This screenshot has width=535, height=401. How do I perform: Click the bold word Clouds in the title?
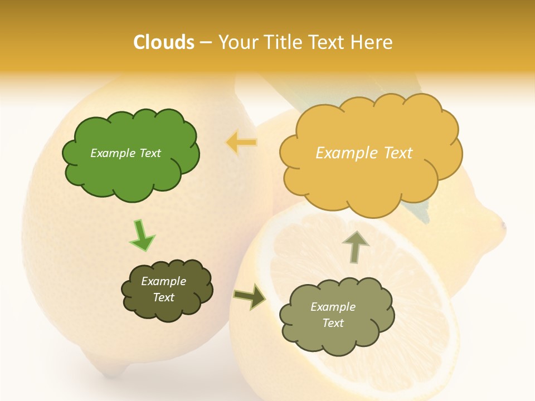(164, 42)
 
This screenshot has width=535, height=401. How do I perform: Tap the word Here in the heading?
(372, 42)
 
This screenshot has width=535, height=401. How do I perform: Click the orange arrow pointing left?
(241, 143)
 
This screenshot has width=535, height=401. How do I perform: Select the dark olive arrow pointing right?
(250, 296)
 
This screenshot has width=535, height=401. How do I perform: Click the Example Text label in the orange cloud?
(364, 153)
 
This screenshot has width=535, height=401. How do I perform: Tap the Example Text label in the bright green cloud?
(125, 153)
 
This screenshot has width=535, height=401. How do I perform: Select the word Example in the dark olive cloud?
(163, 282)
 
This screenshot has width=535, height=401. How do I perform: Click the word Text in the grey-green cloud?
(333, 323)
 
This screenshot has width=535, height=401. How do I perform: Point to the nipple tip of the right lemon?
(503, 226)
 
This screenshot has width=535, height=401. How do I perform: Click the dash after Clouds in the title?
(205, 43)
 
